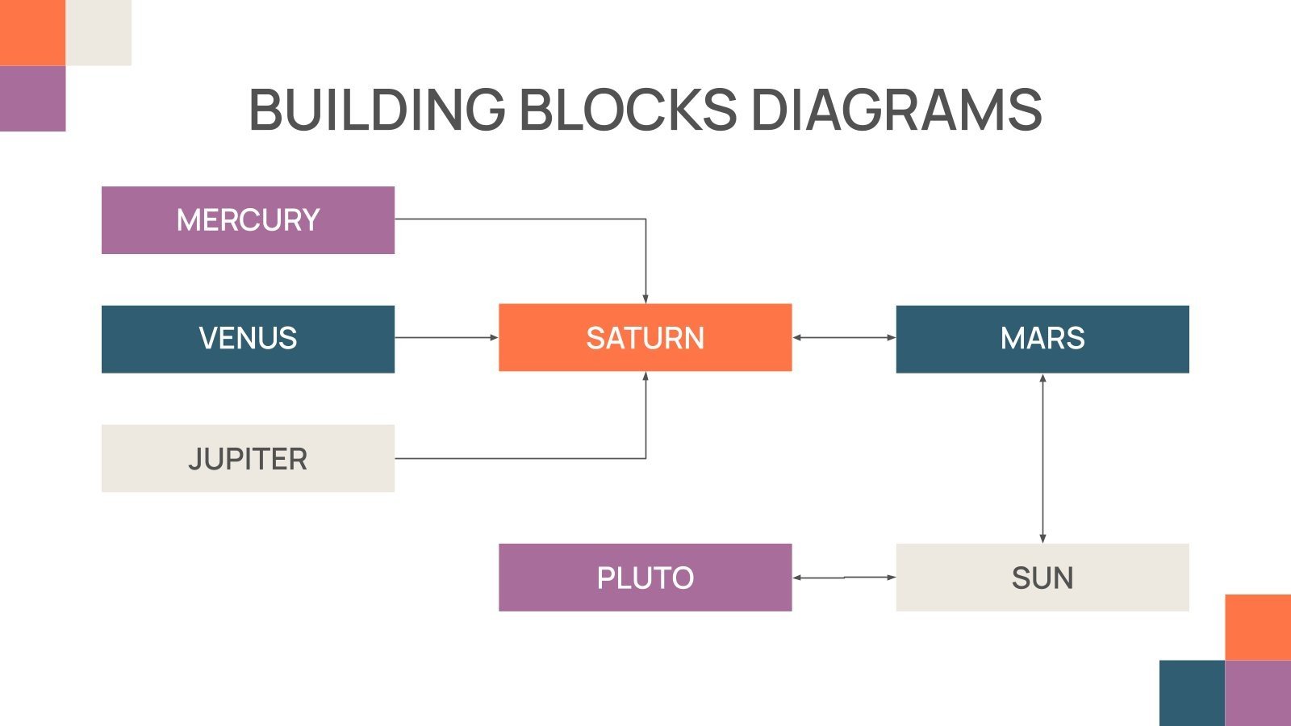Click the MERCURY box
coord(248,220)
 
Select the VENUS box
coord(248,339)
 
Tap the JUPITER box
coord(248,458)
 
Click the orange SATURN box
coord(645,337)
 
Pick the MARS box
coord(1042,339)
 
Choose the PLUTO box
coord(645,578)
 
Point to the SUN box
coord(1042,578)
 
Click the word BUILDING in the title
coord(376,110)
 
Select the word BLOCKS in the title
coord(627,110)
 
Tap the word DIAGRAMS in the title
coord(896,110)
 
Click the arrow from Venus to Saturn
coord(445,337)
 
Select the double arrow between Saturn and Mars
coord(843,337)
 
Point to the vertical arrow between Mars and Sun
coord(1042,458)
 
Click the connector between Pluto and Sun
coord(843,578)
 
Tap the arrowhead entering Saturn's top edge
coord(645,298)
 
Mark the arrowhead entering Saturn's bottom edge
coord(645,377)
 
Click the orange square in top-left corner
coord(32,32)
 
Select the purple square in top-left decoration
coord(32,98)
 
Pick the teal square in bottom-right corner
coord(1192,693)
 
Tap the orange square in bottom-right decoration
coord(1258,627)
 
